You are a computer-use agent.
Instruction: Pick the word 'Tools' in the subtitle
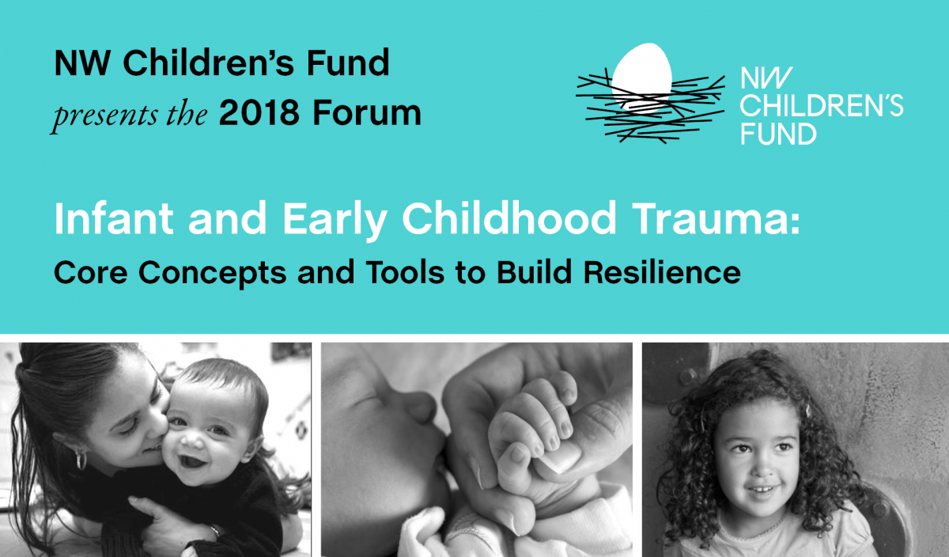point(414,273)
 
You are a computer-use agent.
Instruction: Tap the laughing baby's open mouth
point(192,460)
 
